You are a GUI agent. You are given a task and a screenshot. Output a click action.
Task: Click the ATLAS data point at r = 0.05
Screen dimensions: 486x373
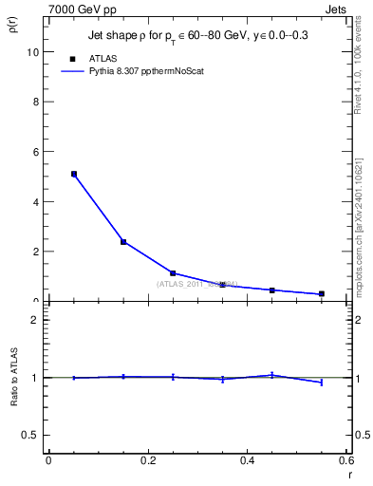(73, 174)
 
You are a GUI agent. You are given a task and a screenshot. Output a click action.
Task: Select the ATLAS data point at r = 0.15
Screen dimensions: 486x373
(123, 242)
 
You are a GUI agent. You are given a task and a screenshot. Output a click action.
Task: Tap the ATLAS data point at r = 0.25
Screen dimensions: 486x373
(173, 273)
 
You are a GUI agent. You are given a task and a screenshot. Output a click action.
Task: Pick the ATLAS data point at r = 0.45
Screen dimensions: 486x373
(272, 290)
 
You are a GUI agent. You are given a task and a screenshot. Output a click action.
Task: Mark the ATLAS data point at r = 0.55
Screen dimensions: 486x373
(322, 294)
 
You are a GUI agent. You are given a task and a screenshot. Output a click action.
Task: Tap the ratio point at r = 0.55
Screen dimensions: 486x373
(322, 383)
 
